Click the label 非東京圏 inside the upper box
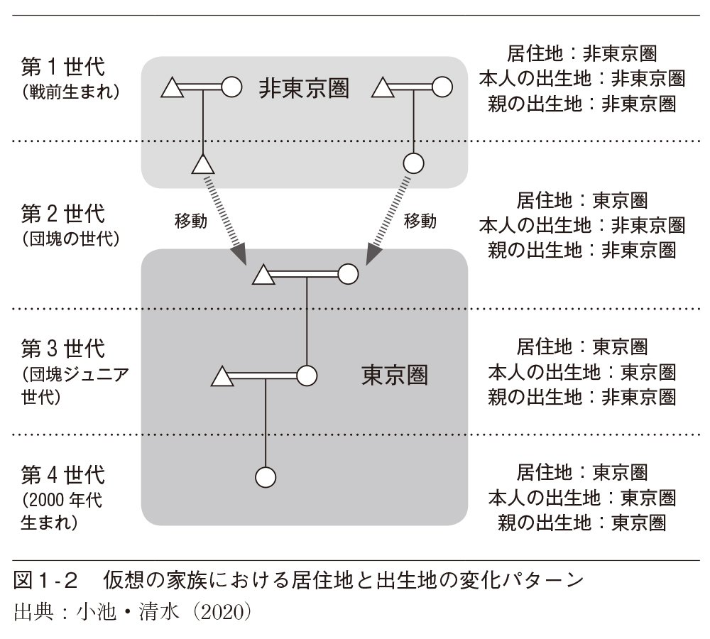pyautogui.click(x=304, y=88)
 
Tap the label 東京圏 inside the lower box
pyautogui.click(x=395, y=375)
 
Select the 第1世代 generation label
pyautogui.click(x=63, y=68)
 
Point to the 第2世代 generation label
pyautogui.click(x=63, y=213)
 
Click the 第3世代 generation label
pyautogui.click(x=63, y=349)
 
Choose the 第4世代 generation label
pyautogui.click(x=63, y=474)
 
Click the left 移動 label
pyautogui.click(x=191, y=221)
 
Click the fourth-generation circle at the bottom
pyautogui.click(x=265, y=476)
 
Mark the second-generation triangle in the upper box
pyautogui.click(x=203, y=165)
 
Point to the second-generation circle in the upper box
pyautogui.click(x=413, y=163)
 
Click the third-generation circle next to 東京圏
pyautogui.click(x=306, y=375)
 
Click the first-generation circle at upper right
pyautogui.click(x=442, y=87)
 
